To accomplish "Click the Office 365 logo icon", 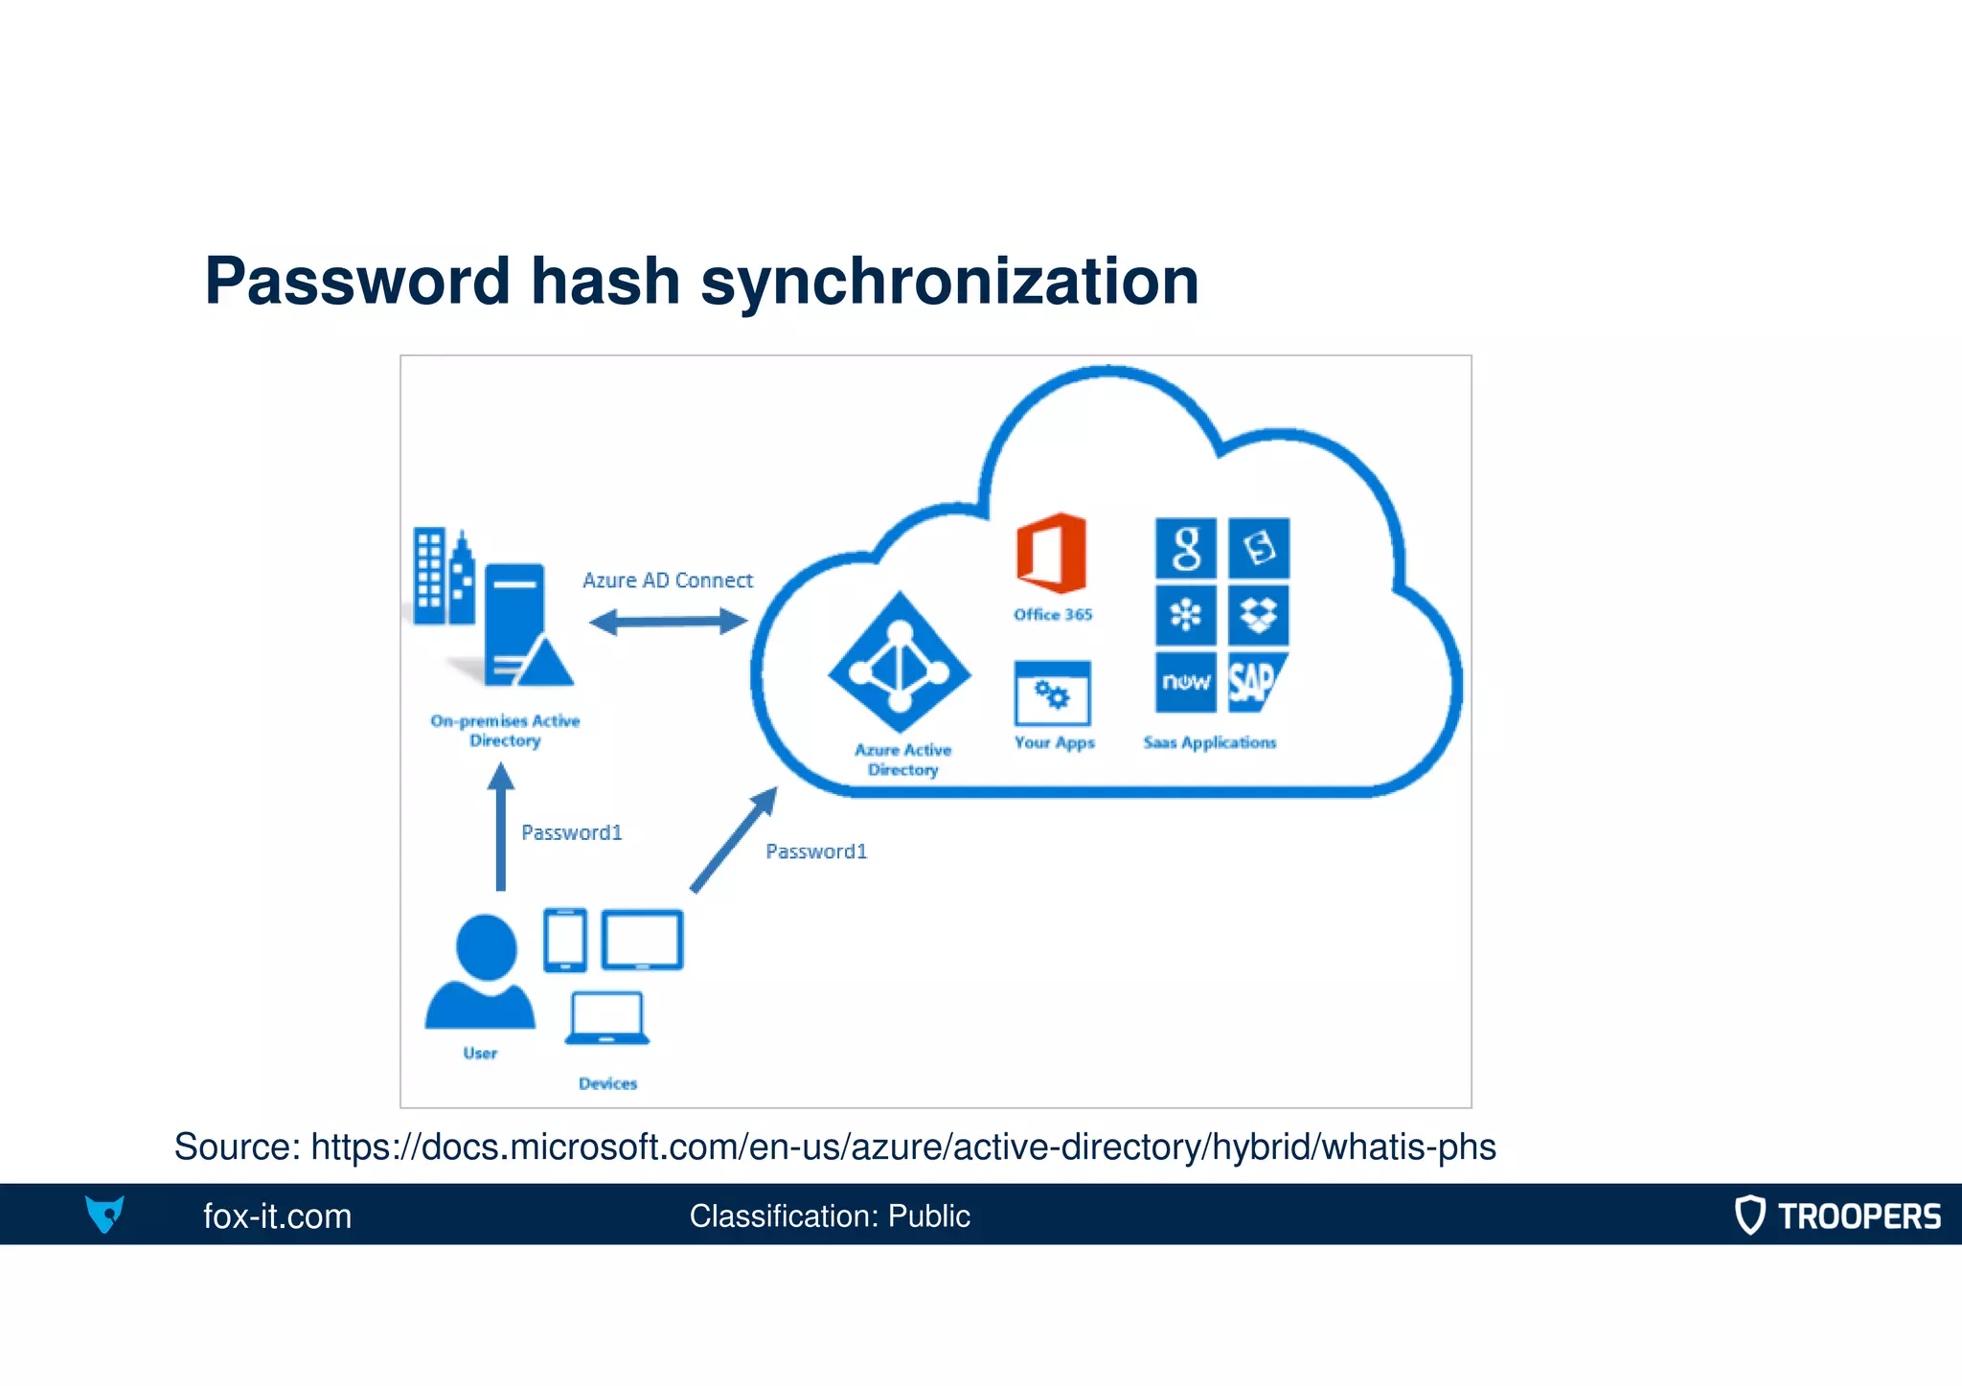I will coord(1051,553).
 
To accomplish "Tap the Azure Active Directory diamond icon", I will coord(900,663).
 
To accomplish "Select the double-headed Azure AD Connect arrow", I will coord(668,623).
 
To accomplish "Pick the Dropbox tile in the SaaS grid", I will coord(1258,615).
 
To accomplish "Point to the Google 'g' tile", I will coord(1186,549).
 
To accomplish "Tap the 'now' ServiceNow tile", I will coord(1186,682).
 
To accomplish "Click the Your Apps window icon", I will coord(1053,693).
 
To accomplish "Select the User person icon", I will coord(482,972).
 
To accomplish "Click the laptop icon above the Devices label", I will coord(607,1018).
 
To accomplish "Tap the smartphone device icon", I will coord(565,940).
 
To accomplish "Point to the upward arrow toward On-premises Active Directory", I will coord(500,827).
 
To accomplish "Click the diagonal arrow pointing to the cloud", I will coord(734,839).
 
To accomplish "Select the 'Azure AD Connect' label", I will coord(668,580).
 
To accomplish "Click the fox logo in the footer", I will coord(104,1214).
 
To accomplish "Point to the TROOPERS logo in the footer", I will coord(1837,1216).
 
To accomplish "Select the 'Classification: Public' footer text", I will coord(830,1216).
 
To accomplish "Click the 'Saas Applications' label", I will coord(1209,742).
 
